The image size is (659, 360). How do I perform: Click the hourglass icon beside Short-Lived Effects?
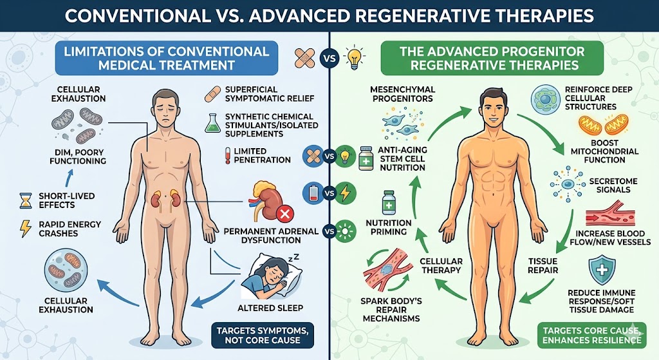tap(26, 200)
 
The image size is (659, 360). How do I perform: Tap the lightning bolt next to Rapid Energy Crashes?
tap(26, 229)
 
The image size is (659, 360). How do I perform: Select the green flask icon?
tap(212, 123)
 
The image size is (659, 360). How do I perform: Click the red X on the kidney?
tap(284, 214)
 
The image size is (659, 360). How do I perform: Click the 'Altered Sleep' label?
tap(270, 308)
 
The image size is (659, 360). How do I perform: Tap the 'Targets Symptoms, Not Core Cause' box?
tap(263, 335)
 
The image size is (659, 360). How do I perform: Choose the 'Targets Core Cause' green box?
tap(592, 335)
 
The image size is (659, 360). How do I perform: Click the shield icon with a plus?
tap(602, 271)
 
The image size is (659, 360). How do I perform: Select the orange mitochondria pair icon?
tap(604, 125)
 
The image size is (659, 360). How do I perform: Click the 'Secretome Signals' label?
tap(613, 185)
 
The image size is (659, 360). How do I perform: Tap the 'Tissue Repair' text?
tap(543, 266)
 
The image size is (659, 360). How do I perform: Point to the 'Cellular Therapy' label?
tap(441, 265)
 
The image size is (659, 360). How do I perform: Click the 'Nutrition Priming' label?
tap(389, 227)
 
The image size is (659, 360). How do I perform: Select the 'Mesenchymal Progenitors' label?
tap(403, 94)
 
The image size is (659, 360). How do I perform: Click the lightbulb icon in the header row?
tap(354, 58)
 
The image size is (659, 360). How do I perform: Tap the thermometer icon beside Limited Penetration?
tap(228, 155)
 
